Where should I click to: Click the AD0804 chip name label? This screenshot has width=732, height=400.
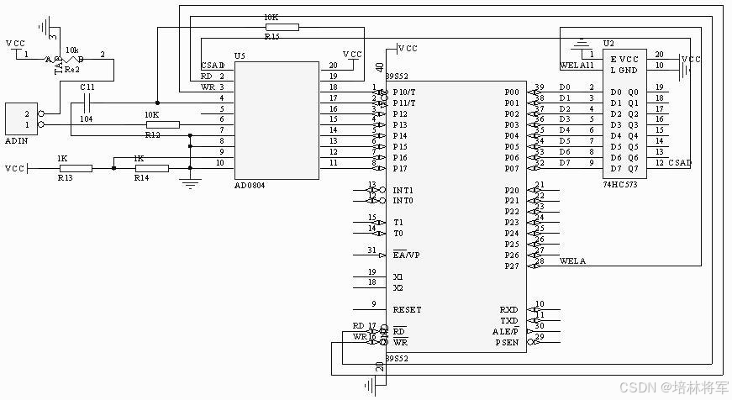pos(249,185)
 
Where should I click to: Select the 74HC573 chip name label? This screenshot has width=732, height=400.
pos(619,183)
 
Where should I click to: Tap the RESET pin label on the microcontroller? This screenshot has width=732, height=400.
pos(407,310)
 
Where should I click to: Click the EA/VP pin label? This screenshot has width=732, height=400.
pos(406,255)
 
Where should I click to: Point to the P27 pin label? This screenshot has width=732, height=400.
pos(511,266)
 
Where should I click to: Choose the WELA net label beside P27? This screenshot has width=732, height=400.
pos(572,261)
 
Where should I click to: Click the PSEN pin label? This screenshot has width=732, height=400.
pos(507,342)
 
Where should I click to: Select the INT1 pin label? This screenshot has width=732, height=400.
pos(403,190)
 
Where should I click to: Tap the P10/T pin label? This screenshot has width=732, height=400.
pos(404,92)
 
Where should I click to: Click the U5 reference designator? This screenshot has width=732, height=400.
pos(240,56)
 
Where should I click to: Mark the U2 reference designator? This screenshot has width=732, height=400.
pos(608,44)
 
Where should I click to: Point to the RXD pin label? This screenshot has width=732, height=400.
pos(508,309)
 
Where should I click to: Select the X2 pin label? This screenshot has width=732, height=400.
pos(398,287)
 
